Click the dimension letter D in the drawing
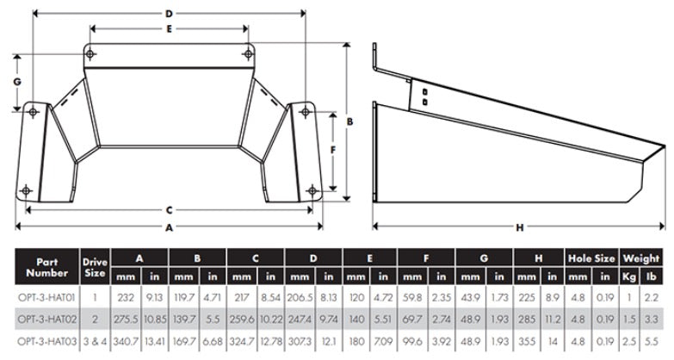(x=170, y=14)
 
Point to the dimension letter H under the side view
(x=519, y=227)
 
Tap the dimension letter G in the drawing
(x=16, y=80)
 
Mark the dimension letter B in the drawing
(x=349, y=122)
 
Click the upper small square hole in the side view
(x=424, y=90)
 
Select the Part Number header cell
(x=46, y=266)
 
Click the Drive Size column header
(x=95, y=266)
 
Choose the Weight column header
(x=642, y=258)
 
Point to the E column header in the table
(x=371, y=258)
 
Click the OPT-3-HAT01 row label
(x=46, y=297)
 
